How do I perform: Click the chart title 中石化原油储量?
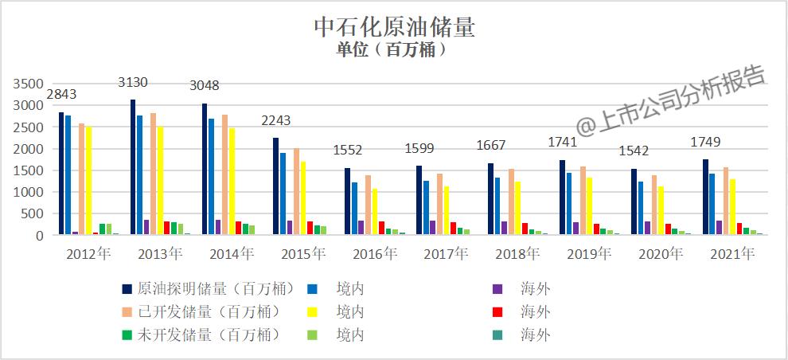(x=394, y=27)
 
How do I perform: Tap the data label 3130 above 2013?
(x=133, y=83)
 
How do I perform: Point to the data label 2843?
(x=61, y=95)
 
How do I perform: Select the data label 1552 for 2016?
(x=348, y=150)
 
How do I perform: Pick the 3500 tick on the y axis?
(x=29, y=84)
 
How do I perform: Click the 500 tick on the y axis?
(x=33, y=214)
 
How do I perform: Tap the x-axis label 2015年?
(x=303, y=254)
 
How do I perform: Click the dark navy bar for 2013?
(x=133, y=167)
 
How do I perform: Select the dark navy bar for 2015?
(x=275, y=186)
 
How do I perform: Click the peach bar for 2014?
(x=224, y=174)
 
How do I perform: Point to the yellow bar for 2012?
(x=88, y=181)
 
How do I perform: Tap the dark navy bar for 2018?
(x=490, y=199)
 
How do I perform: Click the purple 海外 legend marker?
(x=497, y=288)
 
